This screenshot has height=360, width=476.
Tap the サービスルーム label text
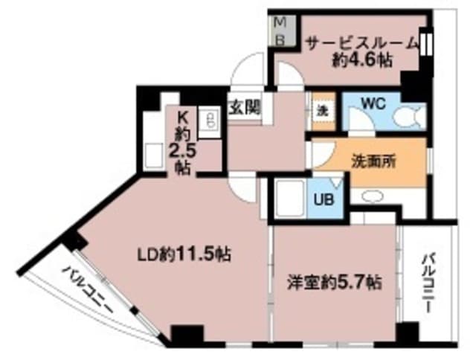point(362,43)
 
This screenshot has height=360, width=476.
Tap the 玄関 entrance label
point(244,106)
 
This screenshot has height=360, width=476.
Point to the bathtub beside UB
point(286,198)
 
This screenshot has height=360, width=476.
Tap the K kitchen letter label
point(183,115)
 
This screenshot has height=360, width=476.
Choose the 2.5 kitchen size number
point(183,152)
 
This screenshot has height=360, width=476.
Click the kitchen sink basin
point(155,157)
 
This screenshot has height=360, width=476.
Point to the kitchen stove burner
point(210,121)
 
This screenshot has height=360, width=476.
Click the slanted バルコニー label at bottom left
point(88,292)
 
